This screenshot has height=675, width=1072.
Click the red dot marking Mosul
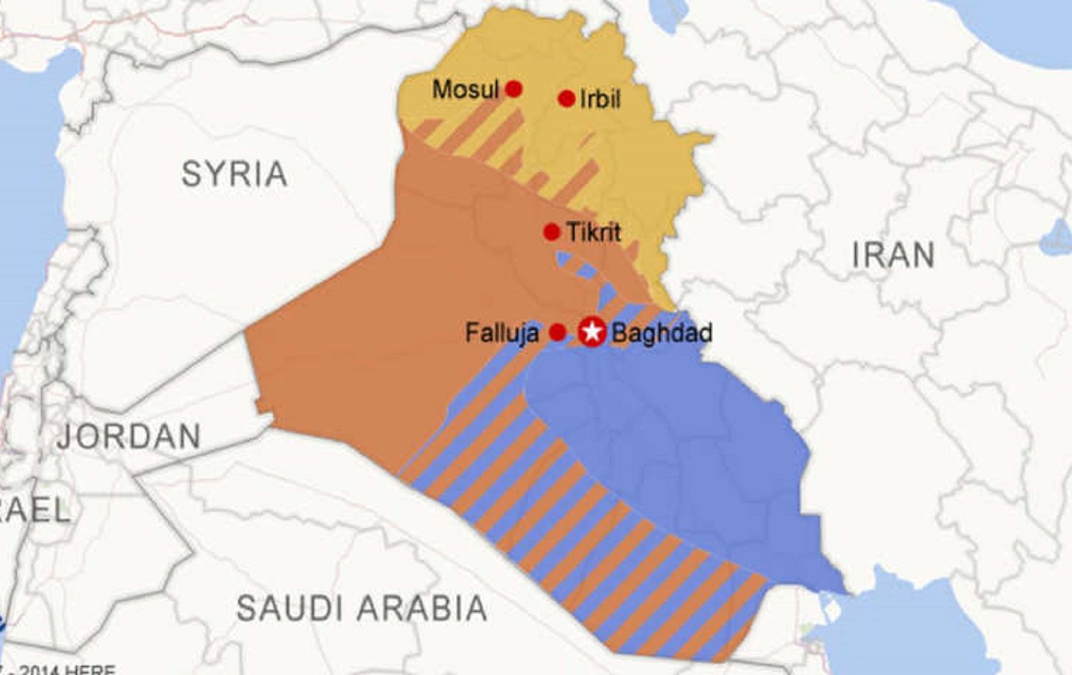coord(513,89)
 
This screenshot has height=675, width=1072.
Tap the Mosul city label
coord(465,90)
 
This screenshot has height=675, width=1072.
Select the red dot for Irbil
coord(567,99)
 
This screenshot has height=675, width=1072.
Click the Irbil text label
coord(600,99)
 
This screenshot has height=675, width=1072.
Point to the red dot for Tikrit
coord(551,232)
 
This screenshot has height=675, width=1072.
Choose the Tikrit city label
coord(593,232)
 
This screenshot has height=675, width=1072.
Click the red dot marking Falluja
coord(558,332)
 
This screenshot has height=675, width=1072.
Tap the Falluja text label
coord(502,333)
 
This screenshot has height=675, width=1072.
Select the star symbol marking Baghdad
coord(592,332)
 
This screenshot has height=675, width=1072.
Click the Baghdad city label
coord(662,333)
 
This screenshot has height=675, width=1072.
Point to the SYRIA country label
coord(234,174)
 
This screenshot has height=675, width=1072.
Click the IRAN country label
coord(893,255)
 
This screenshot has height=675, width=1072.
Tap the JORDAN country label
coord(129,436)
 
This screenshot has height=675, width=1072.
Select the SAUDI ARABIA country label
coord(362,609)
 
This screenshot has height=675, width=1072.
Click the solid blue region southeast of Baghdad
coord(679,443)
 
